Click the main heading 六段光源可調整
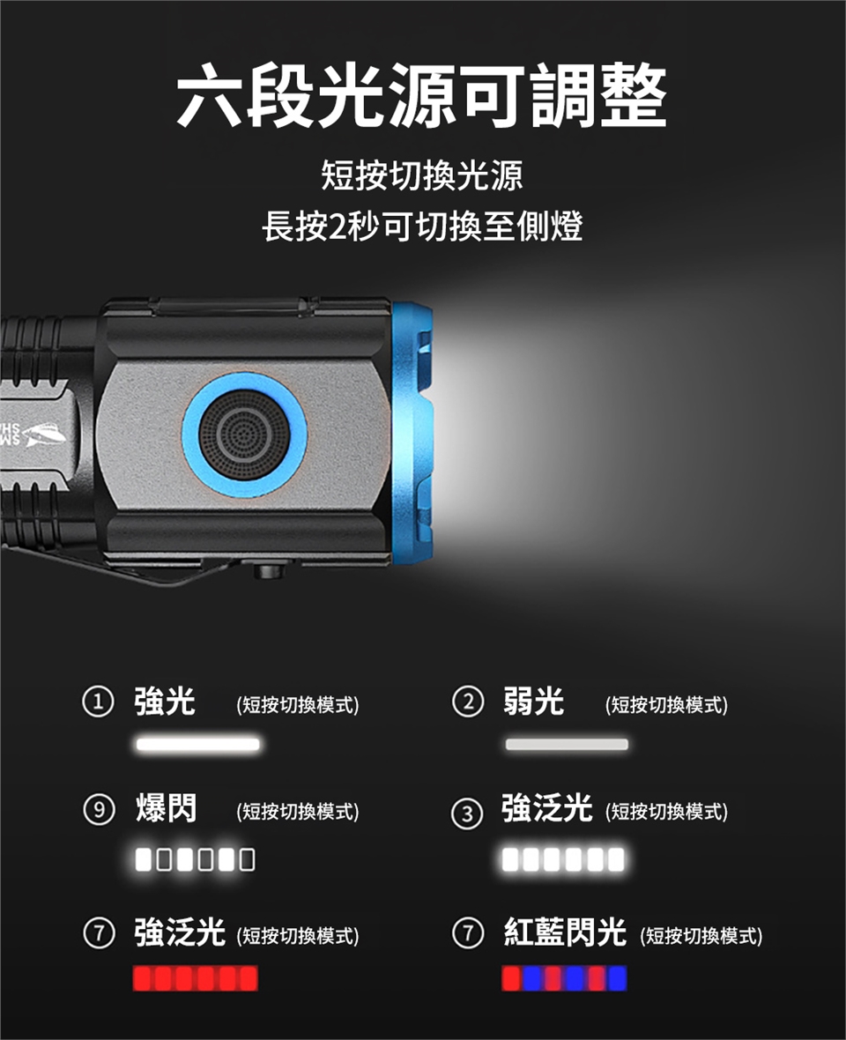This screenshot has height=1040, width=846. pyautogui.click(x=421, y=95)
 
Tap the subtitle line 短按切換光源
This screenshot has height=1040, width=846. pyautogui.click(x=422, y=175)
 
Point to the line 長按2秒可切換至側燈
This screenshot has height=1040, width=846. pyautogui.click(x=422, y=227)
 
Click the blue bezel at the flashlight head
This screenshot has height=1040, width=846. pyautogui.click(x=412, y=435)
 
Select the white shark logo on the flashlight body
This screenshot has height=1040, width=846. pyautogui.click(x=44, y=435)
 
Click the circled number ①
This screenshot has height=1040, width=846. pyautogui.click(x=98, y=702)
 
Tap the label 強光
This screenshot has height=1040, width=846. pyautogui.click(x=165, y=702)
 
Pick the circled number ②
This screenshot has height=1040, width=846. pyautogui.click(x=467, y=702)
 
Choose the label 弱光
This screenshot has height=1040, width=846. pyautogui.click(x=534, y=702)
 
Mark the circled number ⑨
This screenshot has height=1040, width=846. pyautogui.click(x=98, y=810)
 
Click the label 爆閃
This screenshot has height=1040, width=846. pyautogui.click(x=166, y=808)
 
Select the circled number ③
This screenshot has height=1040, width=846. pyautogui.click(x=467, y=813)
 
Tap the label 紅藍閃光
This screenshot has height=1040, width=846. pyautogui.click(x=565, y=932)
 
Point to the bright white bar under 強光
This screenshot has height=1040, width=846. pyautogui.click(x=197, y=744)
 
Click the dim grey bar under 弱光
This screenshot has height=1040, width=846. pyautogui.click(x=567, y=744)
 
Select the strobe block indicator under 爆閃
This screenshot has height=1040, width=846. pyautogui.click(x=195, y=859)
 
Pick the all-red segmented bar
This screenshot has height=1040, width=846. pyautogui.click(x=195, y=978)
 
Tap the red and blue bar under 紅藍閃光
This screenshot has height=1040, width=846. pyautogui.click(x=564, y=978)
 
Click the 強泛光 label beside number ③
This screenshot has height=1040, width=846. pyautogui.click(x=547, y=808)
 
